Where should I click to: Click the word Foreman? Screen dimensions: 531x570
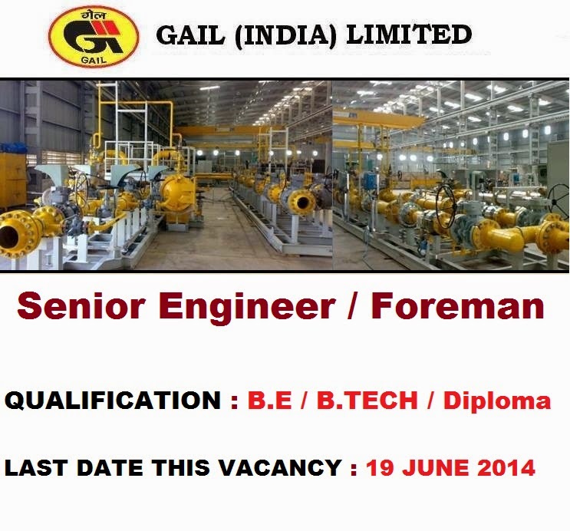tap(458, 306)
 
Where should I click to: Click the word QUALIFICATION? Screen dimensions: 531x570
tap(112, 401)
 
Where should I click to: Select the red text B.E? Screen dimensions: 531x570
tap(269, 401)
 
